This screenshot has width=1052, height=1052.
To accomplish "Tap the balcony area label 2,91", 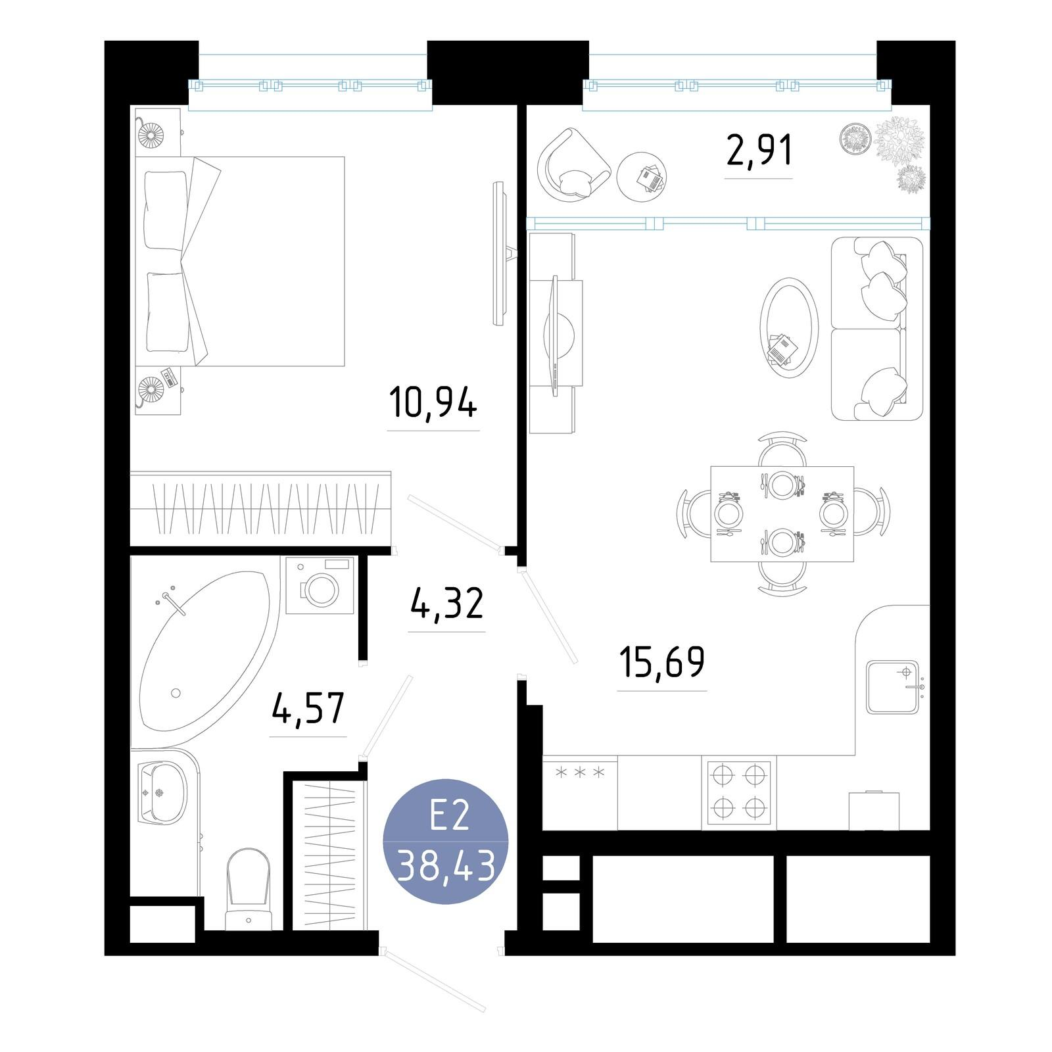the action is point(759,151).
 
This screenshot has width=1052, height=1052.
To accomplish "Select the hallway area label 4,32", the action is point(446,604).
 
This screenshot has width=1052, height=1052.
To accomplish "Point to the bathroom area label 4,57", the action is point(308,708).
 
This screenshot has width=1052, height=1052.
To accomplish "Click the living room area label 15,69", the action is point(661,662).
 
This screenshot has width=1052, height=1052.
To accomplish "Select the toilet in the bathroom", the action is point(248,888).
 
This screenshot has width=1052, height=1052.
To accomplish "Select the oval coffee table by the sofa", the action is point(789,326).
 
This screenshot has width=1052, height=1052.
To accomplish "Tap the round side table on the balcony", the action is point(642,177).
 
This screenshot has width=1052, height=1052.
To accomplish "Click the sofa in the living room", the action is point(876,329).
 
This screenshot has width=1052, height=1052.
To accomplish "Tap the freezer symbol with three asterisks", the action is point(580,773).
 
